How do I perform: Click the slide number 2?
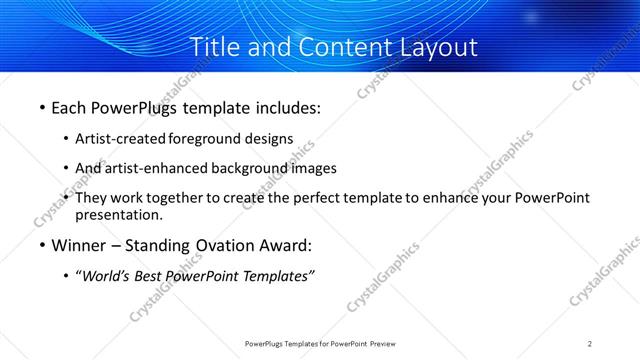pyautogui.click(x=590, y=344)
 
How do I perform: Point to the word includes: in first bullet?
pyautogui.click(x=285, y=107)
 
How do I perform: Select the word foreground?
pyautogui.click(x=205, y=139)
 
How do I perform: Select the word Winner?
pyautogui.click(x=79, y=245)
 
